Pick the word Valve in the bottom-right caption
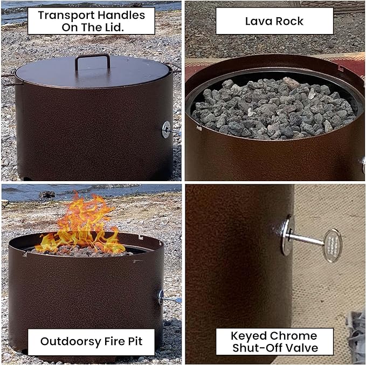click(x=303, y=348)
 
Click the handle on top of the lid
click(x=92, y=60)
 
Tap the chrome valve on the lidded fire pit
click(x=167, y=128)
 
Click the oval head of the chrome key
click(x=332, y=245)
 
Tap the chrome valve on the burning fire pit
click(x=162, y=296)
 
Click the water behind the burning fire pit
click(x=32, y=191)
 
